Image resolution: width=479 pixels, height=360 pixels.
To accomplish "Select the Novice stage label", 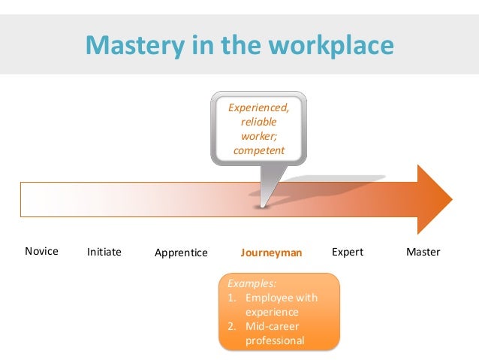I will [41, 251].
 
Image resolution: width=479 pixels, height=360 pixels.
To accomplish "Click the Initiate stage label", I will [104, 252].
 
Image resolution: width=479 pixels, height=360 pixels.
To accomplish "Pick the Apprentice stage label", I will [181, 253].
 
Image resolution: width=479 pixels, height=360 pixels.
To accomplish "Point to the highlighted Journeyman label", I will [271, 253].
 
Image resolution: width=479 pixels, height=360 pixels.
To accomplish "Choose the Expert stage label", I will [347, 252].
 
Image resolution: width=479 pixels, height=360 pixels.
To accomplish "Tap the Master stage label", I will [423, 252].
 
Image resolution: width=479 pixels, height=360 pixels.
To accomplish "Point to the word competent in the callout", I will [259, 150].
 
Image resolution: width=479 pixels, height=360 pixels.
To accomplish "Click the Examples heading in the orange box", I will [252, 284].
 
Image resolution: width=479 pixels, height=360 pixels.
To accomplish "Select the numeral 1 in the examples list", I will [232, 298].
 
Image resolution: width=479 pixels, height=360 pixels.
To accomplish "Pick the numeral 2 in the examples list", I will [232, 326].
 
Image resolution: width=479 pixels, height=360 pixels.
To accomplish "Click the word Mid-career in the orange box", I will [273, 326].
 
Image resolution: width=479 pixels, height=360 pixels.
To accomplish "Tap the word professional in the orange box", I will [275, 340].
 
